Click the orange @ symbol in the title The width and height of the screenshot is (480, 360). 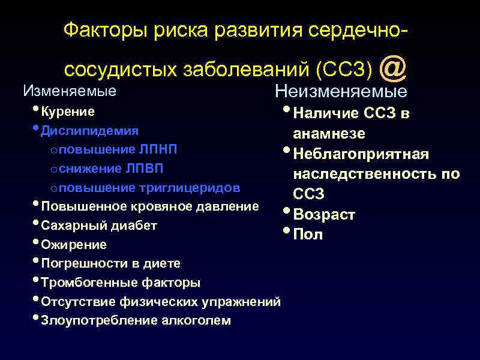point(394,68)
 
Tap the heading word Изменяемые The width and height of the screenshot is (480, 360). point(69,91)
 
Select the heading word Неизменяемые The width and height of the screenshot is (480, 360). point(341,92)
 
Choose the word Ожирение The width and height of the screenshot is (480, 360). point(74,245)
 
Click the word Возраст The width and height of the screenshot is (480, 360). point(324,215)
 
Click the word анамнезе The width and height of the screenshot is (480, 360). point(329,133)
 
